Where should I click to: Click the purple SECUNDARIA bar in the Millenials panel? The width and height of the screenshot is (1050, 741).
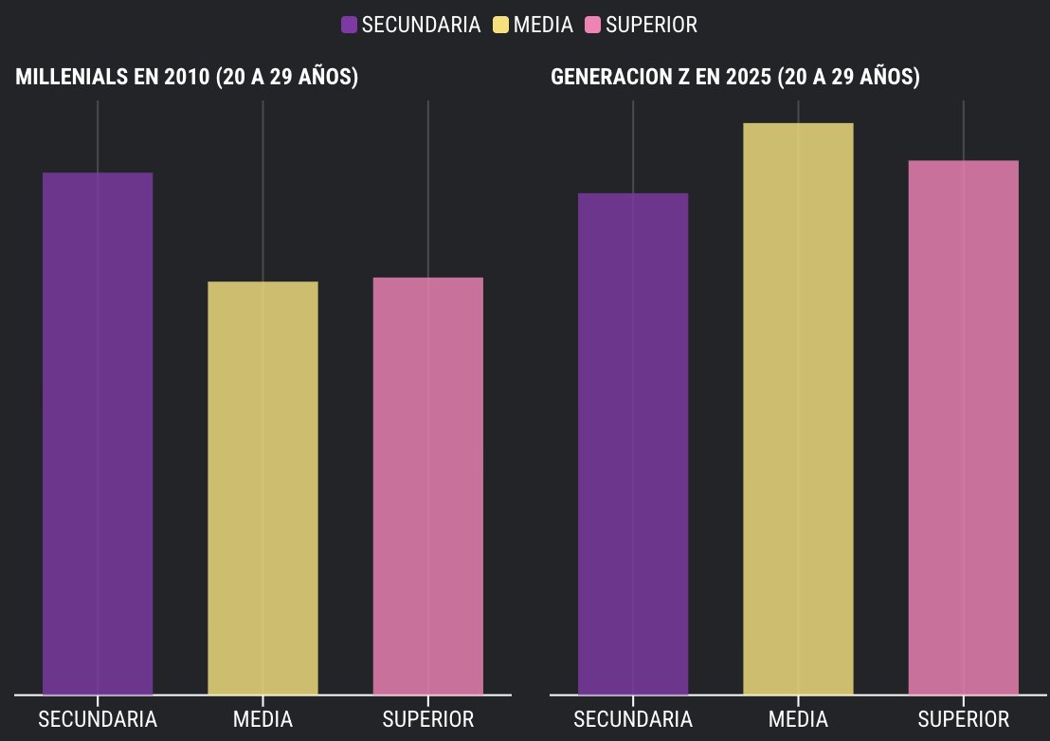pyautogui.click(x=98, y=433)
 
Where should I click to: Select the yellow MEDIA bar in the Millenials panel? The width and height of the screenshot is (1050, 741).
pyautogui.click(x=262, y=488)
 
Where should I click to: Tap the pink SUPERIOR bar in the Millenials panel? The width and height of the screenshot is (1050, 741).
pyautogui.click(x=428, y=485)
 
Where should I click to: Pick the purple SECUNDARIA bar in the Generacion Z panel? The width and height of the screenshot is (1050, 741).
pyautogui.click(x=633, y=443)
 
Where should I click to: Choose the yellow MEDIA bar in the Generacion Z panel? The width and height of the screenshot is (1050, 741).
pyautogui.click(x=798, y=408)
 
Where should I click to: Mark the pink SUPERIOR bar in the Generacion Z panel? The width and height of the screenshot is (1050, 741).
pyautogui.click(x=964, y=427)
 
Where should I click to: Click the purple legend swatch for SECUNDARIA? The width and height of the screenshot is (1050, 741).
pyautogui.click(x=349, y=26)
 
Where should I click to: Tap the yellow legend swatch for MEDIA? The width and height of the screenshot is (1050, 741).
pyautogui.click(x=500, y=26)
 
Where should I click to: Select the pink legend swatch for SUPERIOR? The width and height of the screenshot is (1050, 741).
pyautogui.click(x=593, y=26)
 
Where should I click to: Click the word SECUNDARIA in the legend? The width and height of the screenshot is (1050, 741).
pyautogui.click(x=421, y=26)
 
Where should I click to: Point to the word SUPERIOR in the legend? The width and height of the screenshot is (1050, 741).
pyautogui.click(x=651, y=26)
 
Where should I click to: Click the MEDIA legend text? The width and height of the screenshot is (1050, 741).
pyautogui.click(x=543, y=26)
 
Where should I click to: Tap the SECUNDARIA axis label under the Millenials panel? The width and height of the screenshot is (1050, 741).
pyautogui.click(x=98, y=719)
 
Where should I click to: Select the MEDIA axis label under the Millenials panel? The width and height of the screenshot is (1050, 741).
pyautogui.click(x=262, y=719)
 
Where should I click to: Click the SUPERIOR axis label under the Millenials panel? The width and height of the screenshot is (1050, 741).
pyautogui.click(x=428, y=719)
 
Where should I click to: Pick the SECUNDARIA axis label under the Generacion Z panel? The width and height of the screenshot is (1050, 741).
pyautogui.click(x=633, y=719)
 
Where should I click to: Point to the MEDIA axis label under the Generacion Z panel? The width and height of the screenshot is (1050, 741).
pyautogui.click(x=798, y=719)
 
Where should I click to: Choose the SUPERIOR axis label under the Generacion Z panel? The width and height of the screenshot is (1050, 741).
pyautogui.click(x=964, y=719)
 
